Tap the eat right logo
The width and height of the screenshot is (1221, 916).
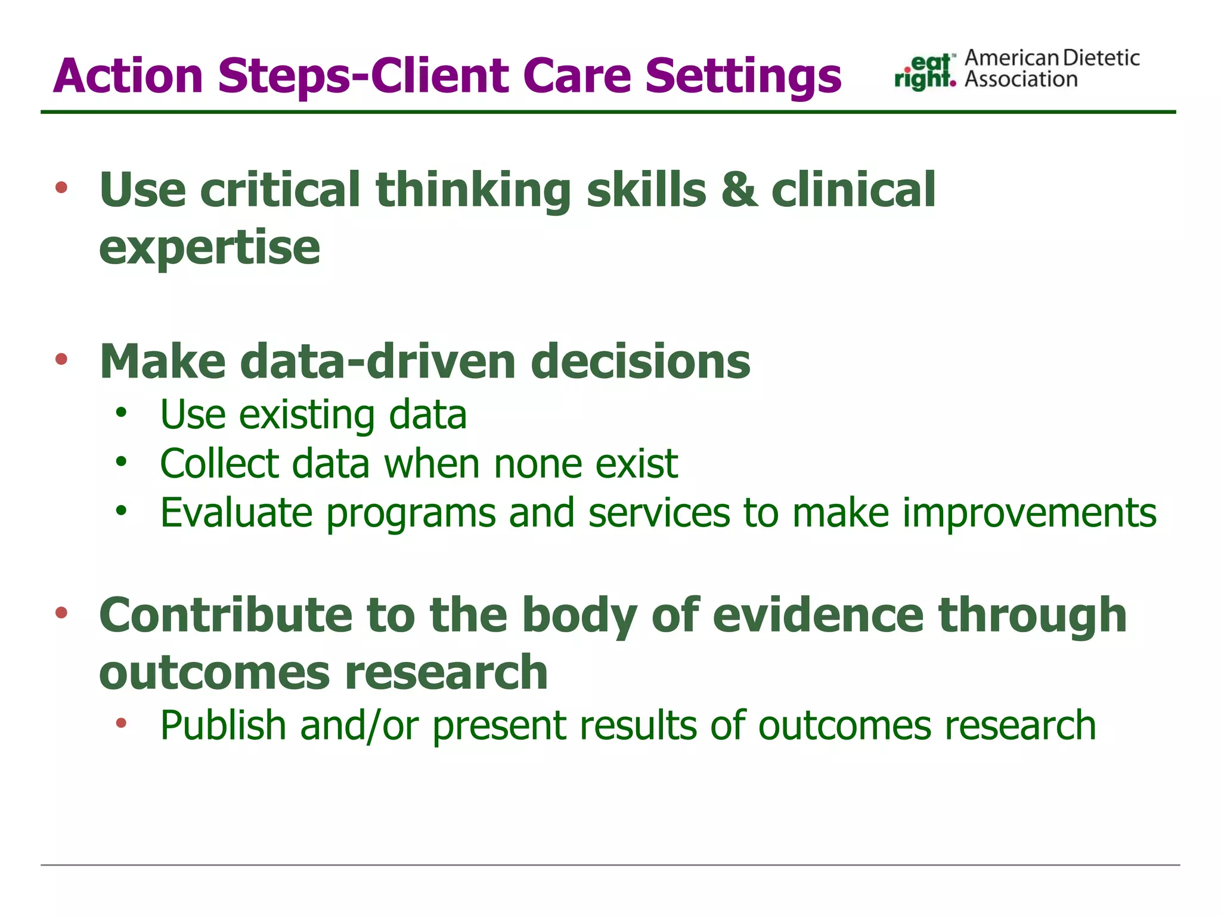pyautogui.click(x=925, y=72)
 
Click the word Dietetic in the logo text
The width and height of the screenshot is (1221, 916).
pyautogui.click(x=1101, y=58)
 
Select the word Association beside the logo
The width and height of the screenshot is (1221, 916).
pyautogui.click(x=1021, y=79)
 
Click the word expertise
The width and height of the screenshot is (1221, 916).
pyautogui.click(x=209, y=247)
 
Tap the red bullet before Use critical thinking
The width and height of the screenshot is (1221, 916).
pyautogui.click(x=61, y=188)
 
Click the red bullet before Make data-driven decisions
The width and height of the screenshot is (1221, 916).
pyautogui.click(x=61, y=359)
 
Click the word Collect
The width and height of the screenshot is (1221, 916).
pyautogui.click(x=219, y=463)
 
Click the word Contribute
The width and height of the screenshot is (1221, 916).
pyautogui.click(x=226, y=615)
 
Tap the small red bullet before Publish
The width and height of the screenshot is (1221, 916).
pyautogui.click(x=122, y=723)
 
